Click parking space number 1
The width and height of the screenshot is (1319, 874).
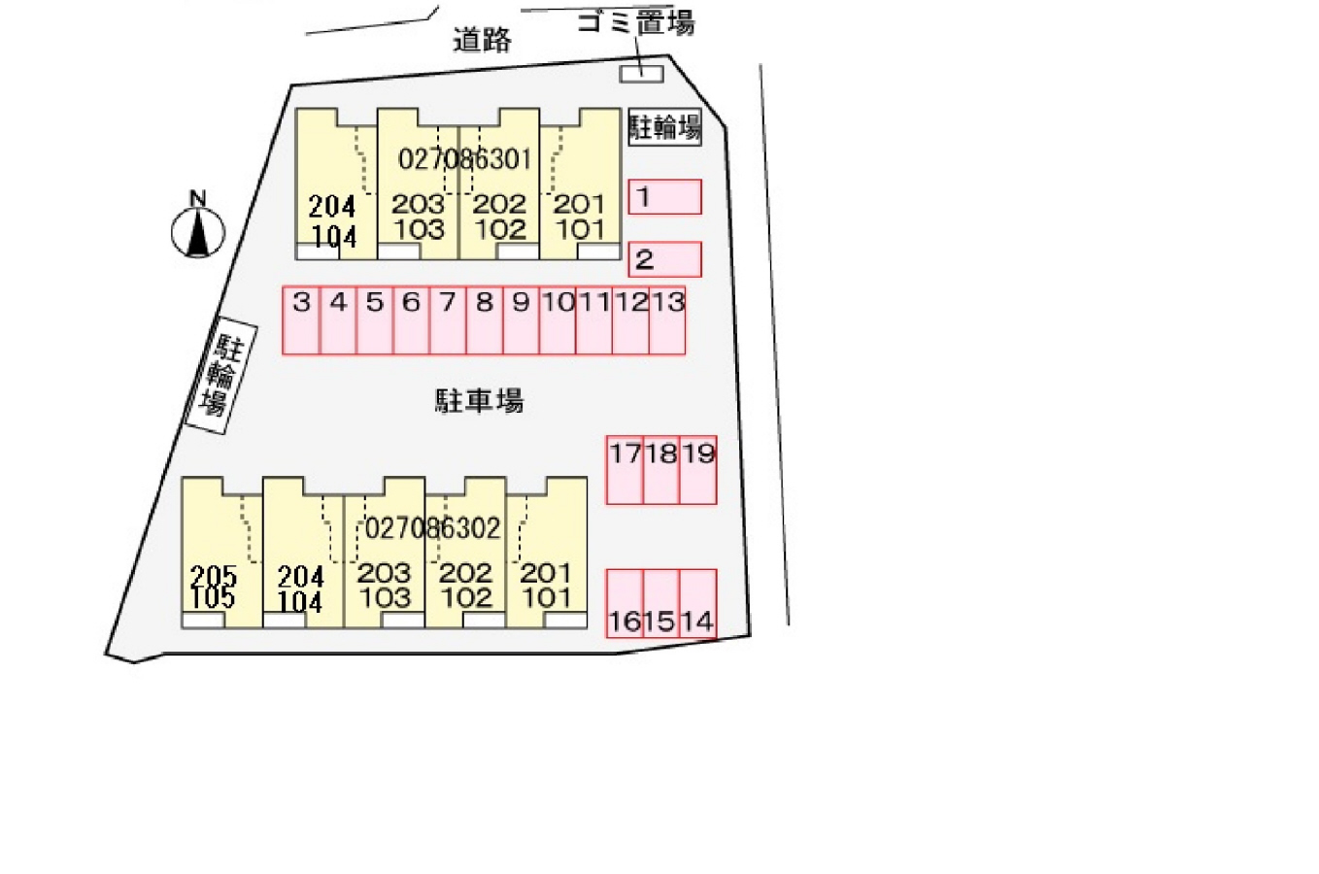pyautogui.click(x=664, y=197)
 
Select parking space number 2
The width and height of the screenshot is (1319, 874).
pyautogui.click(x=664, y=259)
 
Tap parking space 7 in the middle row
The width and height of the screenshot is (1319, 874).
pyautogui.click(x=448, y=320)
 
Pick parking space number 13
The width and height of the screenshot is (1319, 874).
pyautogui.click(x=667, y=320)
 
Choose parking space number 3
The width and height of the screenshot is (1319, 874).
pyautogui.click(x=301, y=320)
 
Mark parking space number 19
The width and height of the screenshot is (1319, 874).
pyautogui.click(x=698, y=470)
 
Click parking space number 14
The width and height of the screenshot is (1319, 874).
pyautogui.click(x=698, y=604)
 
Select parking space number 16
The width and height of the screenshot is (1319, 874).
pyautogui.click(x=625, y=604)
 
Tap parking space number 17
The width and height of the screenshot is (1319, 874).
pyautogui.click(x=625, y=470)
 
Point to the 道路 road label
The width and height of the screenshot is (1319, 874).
pyautogui.click(x=483, y=40)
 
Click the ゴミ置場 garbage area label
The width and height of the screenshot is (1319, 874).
pyautogui.click(x=636, y=23)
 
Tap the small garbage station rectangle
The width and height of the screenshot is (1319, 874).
pyautogui.click(x=642, y=74)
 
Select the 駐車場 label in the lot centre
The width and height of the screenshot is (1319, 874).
pyautogui.click(x=480, y=401)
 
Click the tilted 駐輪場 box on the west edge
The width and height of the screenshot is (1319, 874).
pyautogui.click(x=220, y=376)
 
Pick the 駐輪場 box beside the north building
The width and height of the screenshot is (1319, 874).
pyautogui.click(x=665, y=126)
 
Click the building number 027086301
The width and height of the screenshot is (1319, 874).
pyautogui.click(x=464, y=159)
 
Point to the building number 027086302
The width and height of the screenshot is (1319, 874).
pyautogui.click(x=432, y=528)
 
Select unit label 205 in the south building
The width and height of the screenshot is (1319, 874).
pyautogui.click(x=214, y=576)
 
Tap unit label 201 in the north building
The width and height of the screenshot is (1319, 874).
pyautogui.click(x=579, y=204)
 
